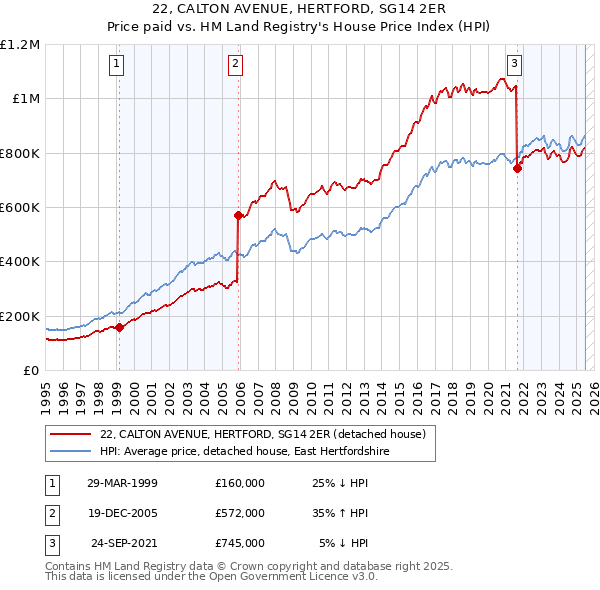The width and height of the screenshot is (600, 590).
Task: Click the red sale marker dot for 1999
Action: point(119,327)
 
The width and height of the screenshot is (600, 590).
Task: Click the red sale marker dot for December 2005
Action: point(238,215)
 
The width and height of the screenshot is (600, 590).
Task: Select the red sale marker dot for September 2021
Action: point(517,168)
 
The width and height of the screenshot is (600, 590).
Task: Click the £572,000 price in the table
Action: point(240,513)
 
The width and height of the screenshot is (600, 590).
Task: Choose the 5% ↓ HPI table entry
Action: point(343,543)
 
